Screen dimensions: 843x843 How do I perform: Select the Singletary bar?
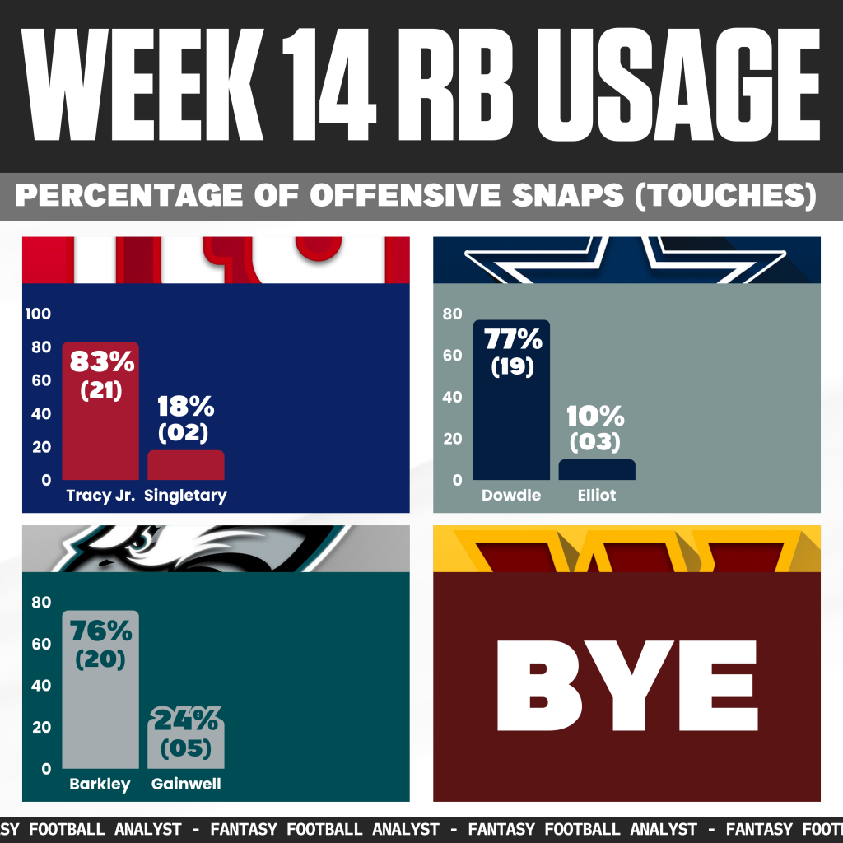pyautogui.click(x=185, y=465)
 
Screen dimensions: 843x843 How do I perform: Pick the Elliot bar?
pyautogui.click(x=597, y=470)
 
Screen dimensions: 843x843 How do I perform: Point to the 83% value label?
pyautogui.click(x=100, y=361)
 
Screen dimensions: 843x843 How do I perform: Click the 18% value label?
pyautogui.click(x=185, y=406)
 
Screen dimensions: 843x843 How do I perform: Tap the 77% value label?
pyautogui.click(x=512, y=339)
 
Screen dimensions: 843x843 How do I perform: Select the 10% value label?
pyautogui.click(x=597, y=416)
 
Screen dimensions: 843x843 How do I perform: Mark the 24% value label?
pyautogui.click(x=185, y=722)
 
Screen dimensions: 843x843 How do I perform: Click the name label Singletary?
pyautogui.click(x=185, y=496)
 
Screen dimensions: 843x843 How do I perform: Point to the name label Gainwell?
pyautogui.click(x=186, y=784)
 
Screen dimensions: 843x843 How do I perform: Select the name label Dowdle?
pyautogui.click(x=511, y=496)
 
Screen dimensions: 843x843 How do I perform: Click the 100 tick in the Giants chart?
pyautogui.click(x=40, y=314)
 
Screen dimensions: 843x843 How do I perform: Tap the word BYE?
pyautogui.click(x=626, y=686)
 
